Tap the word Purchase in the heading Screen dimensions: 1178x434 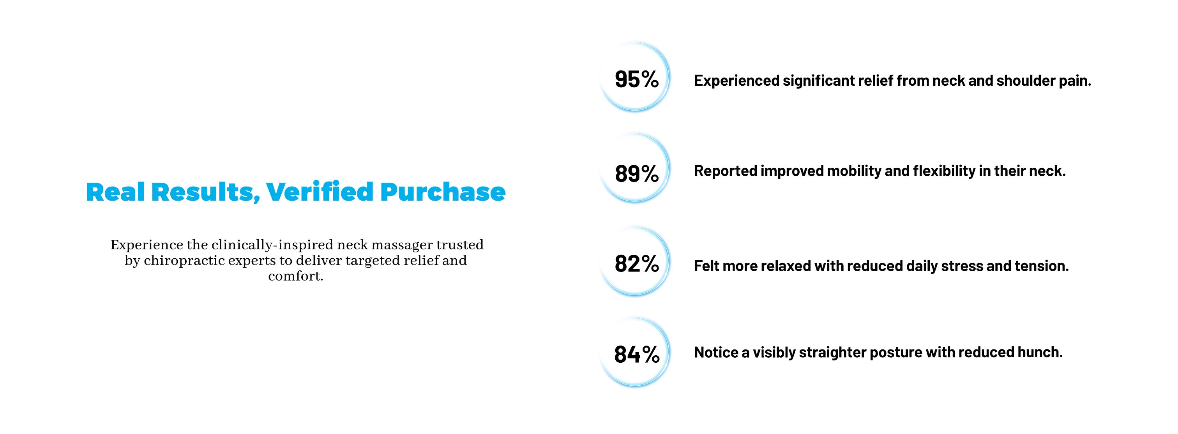(x=443, y=192)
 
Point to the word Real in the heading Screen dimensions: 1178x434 (x=115, y=192)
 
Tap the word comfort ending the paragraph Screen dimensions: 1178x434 (x=295, y=276)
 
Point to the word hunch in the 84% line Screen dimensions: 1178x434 (x=1040, y=352)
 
